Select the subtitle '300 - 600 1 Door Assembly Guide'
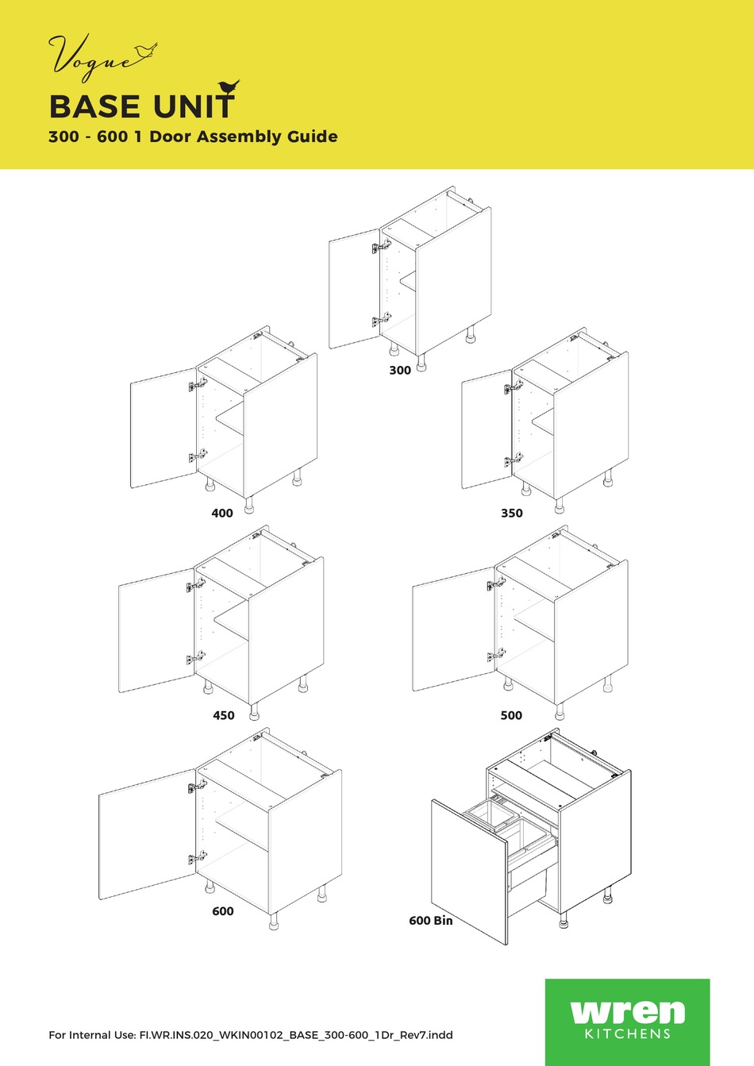click(193, 137)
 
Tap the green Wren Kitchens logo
click(627, 1021)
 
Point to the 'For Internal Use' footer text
click(251, 1034)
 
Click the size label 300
click(400, 370)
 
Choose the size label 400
click(222, 513)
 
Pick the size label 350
click(512, 513)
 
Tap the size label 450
click(224, 715)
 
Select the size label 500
click(511, 715)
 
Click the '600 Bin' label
click(431, 921)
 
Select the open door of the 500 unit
click(452, 629)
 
